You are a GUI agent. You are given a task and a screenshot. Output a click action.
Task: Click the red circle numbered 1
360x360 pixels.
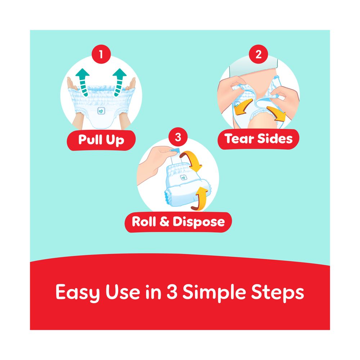pyautogui.click(x=101, y=54)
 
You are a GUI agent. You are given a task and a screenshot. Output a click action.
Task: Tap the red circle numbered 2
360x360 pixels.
pyautogui.click(x=258, y=54)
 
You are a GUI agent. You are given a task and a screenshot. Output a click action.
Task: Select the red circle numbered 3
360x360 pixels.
pyautogui.click(x=178, y=137)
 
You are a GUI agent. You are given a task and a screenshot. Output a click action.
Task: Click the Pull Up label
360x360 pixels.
pyautogui.click(x=101, y=140)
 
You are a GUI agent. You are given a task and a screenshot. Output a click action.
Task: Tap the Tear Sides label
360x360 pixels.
pyautogui.click(x=258, y=139)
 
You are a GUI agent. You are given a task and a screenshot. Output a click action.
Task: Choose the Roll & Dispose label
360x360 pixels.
pyautogui.click(x=178, y=222)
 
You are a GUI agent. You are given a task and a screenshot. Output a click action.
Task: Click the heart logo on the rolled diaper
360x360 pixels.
pyautogui.click(x=183, y=177)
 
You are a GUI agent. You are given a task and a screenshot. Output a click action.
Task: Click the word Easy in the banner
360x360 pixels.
pyautogui.click(x=78, y=292)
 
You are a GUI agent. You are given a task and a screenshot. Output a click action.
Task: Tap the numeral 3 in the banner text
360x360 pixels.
pyautogui.click(x=172, y=292)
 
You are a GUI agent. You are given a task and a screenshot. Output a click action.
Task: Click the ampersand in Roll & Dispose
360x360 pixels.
pyautogui.click(x=165, y=221)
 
